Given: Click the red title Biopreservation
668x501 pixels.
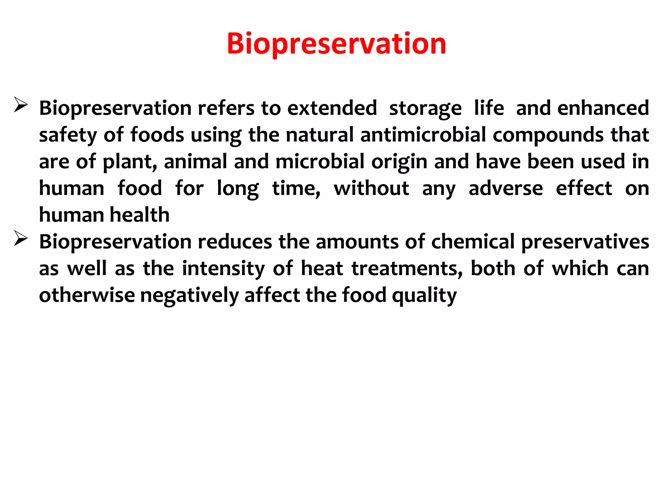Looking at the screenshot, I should [336, 44].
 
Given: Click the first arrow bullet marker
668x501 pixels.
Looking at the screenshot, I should [21, 105].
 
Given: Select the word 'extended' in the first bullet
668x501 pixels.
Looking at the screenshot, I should [332, 108].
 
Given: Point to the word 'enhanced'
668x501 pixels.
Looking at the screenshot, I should [603, 108].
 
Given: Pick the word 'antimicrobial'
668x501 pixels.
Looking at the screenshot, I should [423, 135].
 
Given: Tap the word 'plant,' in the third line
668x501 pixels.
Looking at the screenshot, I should [130, 162].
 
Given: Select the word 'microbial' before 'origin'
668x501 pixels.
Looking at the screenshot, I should [320, 161].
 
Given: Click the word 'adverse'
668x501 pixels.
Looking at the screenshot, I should [506, 189].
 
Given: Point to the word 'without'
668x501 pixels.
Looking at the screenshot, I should [371, 189].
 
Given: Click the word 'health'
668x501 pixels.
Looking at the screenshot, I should [140, 215].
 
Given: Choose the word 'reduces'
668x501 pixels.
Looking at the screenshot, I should [235, 242].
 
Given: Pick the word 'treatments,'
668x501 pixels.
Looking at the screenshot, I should [407, 269].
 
